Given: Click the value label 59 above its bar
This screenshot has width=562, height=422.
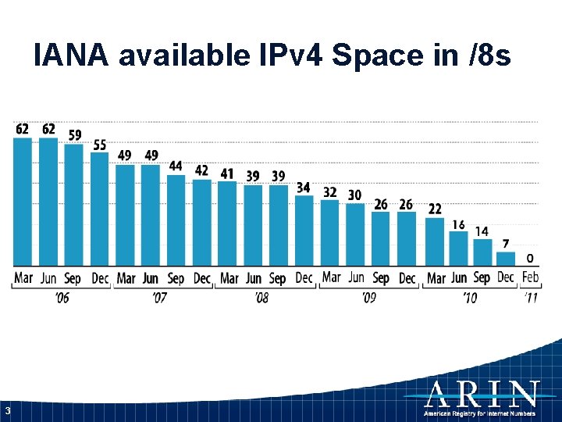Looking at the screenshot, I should coord(74,135).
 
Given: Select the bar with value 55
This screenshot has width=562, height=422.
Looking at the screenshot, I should coord(100,209).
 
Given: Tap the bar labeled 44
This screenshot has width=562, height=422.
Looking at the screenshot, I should coord(176,220).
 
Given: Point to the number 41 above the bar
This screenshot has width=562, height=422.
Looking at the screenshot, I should coord(227,173).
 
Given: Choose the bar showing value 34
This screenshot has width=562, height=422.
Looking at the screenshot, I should coord(304,231).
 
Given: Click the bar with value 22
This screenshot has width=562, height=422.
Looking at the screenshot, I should coord(435,241).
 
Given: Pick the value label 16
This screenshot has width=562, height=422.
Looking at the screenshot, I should coord(458,225).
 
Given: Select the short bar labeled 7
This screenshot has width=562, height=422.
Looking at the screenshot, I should coord(506,259).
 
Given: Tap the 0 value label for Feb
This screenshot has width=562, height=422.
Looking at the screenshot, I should coord(530,258).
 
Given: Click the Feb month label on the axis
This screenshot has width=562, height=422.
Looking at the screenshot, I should coord(531,277).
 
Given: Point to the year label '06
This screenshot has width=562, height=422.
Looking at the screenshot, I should coord(61,298).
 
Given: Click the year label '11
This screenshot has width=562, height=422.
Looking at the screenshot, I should coord(531,298).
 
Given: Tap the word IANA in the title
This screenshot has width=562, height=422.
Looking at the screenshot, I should coord(75,55).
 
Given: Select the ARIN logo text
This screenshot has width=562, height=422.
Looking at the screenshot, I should coord(482,394).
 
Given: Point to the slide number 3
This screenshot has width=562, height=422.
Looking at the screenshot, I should coord(7,411).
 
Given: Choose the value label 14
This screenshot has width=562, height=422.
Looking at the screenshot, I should coord(482,231).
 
